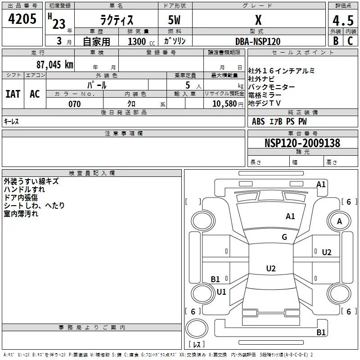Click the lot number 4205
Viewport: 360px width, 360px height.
(x=22, y=19)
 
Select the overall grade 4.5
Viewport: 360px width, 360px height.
(x=343, y=20)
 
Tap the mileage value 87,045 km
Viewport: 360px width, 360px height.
(x=55, y=65)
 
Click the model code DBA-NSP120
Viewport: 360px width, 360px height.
(x=258, y=41)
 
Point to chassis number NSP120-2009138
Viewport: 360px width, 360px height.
(x=302, y=143)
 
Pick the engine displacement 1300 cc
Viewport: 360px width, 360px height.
(x=141, y=41)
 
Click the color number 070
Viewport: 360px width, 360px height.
(x=75, y=104)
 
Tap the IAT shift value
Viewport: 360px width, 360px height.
(x=13, y=94)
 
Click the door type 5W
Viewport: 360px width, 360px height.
(x=174, y=20)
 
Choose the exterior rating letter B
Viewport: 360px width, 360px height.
(x=336, y=41)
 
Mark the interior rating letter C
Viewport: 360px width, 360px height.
(x=350, y=41)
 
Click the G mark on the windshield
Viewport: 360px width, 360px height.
(x=284, y=237)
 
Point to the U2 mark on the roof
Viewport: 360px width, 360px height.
(x=271, y=268)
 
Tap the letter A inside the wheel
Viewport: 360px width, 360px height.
(x=339, y=221)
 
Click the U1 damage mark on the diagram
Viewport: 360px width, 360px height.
(x=221, y=292)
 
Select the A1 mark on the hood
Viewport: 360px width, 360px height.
(x=290, y=216)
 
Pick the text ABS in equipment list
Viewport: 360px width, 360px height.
(x=258, y=121)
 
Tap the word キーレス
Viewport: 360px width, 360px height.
(x=11, y=121)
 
